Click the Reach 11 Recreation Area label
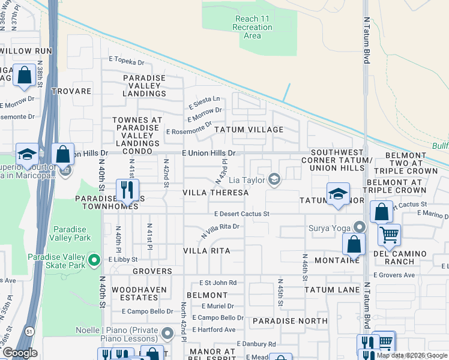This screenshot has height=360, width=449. tap(252, 27)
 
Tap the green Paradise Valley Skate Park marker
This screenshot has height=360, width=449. tap(94, 260)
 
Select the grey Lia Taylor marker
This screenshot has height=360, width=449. tap(274, 179)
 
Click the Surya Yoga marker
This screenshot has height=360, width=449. tap(359, 227)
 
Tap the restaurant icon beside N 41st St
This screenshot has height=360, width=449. tap(127, 190)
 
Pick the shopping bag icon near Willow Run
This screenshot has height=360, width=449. tap(24, 76)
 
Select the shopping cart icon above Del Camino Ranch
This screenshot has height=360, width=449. tap(389, 234)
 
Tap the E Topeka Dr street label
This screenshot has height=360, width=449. tap(127, 62)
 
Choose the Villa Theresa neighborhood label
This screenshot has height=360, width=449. tap(215, 193)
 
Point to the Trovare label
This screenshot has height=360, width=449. tap(71, 91)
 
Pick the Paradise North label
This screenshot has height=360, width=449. tap(290, 321)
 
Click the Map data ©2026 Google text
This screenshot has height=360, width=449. tap(412, 355)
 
